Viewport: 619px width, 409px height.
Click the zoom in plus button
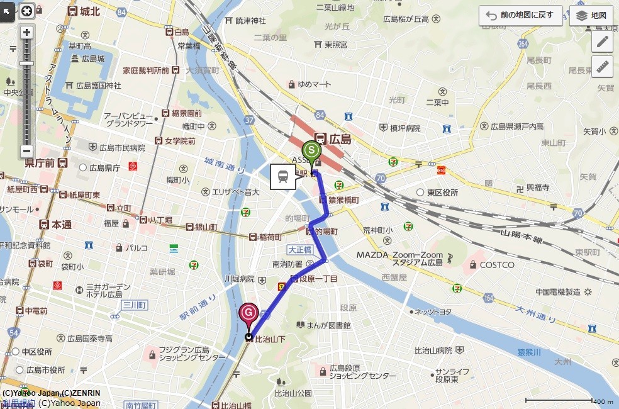(x=26, y=32)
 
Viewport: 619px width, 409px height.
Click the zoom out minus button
(x=26, y=151)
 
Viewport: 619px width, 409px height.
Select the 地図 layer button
(x=591, y=16)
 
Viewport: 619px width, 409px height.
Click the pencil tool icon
(x=602, y=42)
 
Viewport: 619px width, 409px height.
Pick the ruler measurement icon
(x=602, y=65)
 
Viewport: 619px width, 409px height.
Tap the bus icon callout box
(x=283, y=177)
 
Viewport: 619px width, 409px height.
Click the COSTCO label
(x=497, y=265)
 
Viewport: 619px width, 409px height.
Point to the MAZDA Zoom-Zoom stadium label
(x=400, y=255)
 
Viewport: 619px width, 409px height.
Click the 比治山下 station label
(x=270, y=339)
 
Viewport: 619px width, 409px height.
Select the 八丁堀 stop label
(x=155, y=221)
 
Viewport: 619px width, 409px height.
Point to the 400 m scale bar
(x=560, y=401)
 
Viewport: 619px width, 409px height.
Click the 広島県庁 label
(x=104, y=168)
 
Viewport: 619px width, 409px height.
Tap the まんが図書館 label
(x=328, y=325)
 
